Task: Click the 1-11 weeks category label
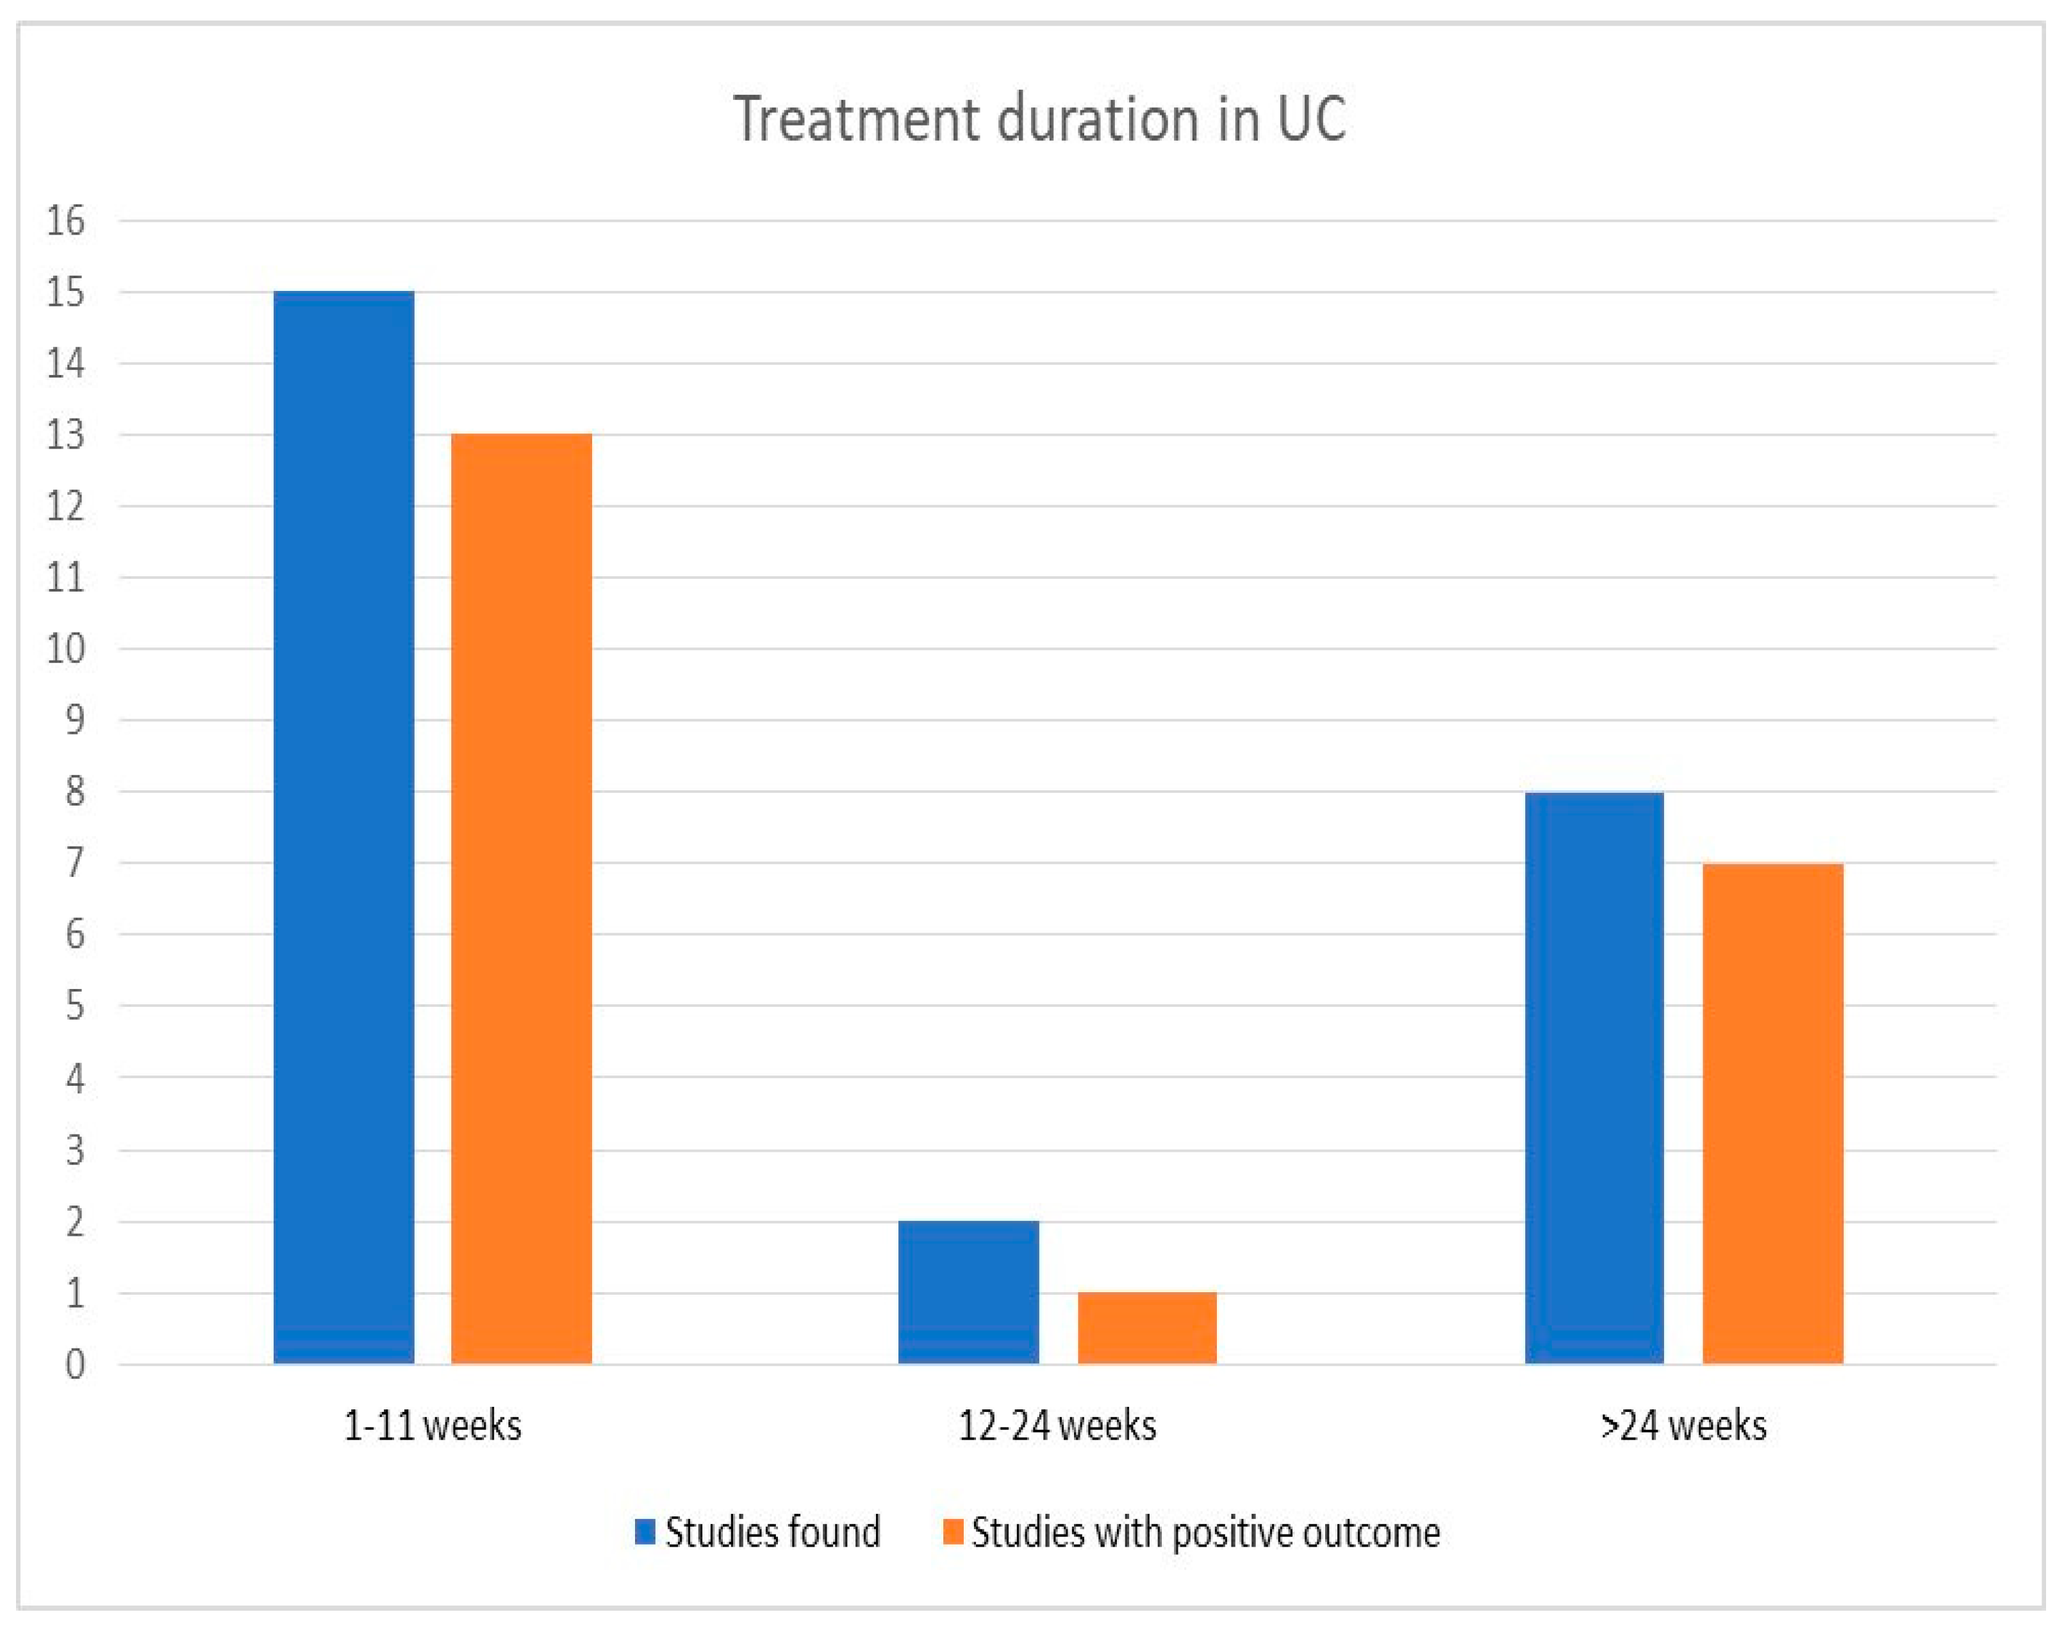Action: [x=433, y=1426]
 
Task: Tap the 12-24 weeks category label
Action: [x=1057, y=1426]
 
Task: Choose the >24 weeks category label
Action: [x=1683, y=1426]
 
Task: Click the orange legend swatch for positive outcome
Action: [x=952, y=1532]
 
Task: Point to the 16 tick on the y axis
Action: [x=66, y=221]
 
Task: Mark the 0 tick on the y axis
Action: [x=74, y=1365]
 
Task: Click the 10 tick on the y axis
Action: [x=66, y=649]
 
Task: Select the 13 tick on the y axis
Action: [x=66, y=436]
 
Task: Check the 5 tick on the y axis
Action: [x=74, y=1006]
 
